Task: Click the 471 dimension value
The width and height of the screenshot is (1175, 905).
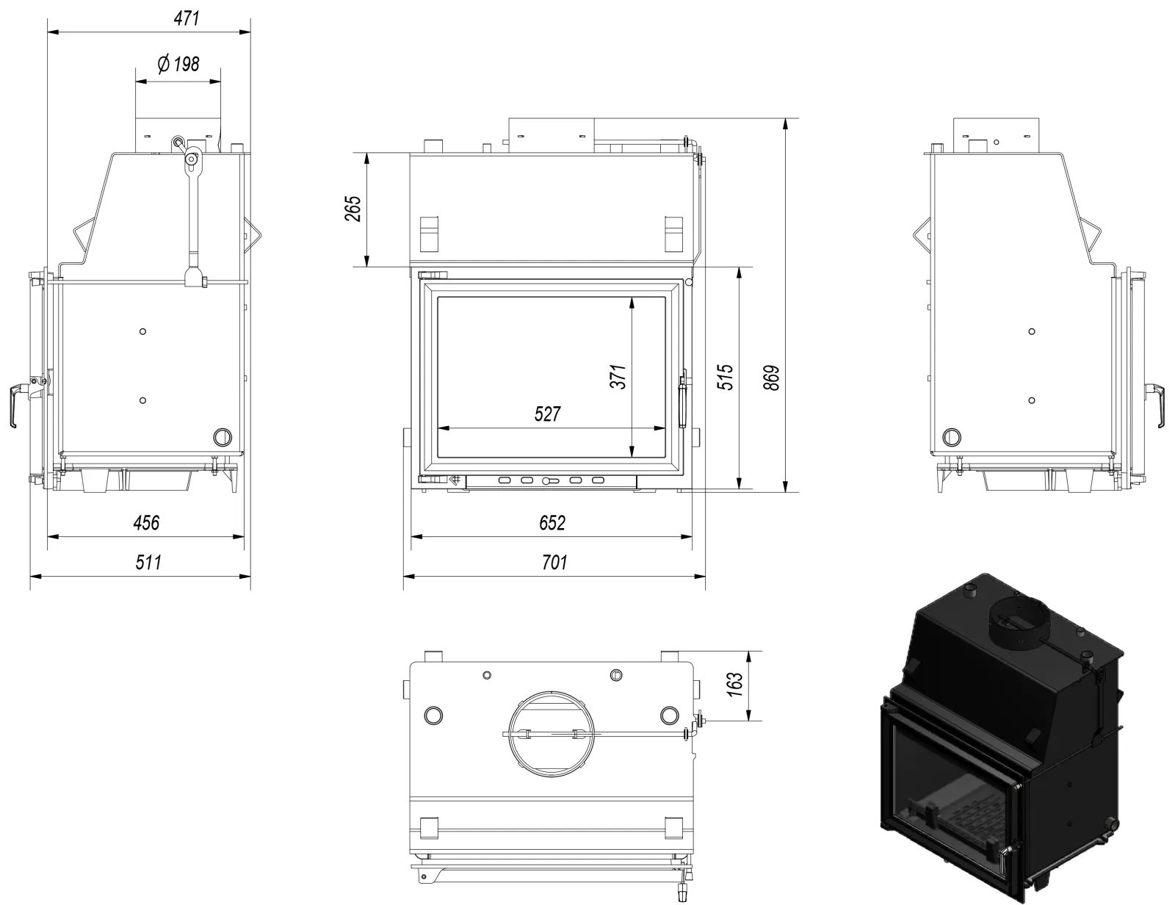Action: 187,18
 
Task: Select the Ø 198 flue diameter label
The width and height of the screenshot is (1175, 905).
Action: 178,65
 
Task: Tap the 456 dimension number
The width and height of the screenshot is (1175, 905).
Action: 147,523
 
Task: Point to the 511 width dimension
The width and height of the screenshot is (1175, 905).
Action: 148,562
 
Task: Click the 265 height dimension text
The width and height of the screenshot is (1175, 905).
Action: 352,209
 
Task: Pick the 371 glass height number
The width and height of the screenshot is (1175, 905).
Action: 618,377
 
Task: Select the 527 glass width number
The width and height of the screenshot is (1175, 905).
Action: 548,414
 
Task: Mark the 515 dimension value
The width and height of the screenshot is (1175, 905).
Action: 725,377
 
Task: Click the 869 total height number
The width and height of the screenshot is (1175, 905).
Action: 772,378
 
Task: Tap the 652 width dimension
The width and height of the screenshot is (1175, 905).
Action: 552,523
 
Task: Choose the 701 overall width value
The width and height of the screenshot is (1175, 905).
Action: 554,562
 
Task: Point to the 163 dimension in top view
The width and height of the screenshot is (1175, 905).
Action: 735,685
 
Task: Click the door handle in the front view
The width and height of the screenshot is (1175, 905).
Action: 683,399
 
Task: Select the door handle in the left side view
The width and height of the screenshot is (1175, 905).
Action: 15,405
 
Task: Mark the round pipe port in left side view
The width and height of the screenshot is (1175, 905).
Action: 223,437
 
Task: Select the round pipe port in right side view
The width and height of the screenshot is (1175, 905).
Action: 952,437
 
